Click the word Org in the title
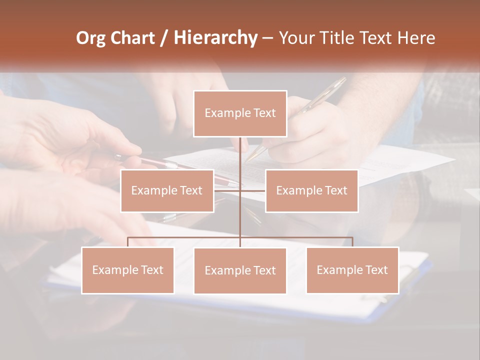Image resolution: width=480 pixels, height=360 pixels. [x=90, y=38]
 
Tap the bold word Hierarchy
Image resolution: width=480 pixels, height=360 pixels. [x=215, y=38]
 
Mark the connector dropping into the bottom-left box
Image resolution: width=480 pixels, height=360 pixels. [x=127, y=242]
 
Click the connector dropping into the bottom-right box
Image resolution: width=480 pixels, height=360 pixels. [x=352, y=242]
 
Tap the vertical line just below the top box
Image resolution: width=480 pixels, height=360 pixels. [x=240, y=150]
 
